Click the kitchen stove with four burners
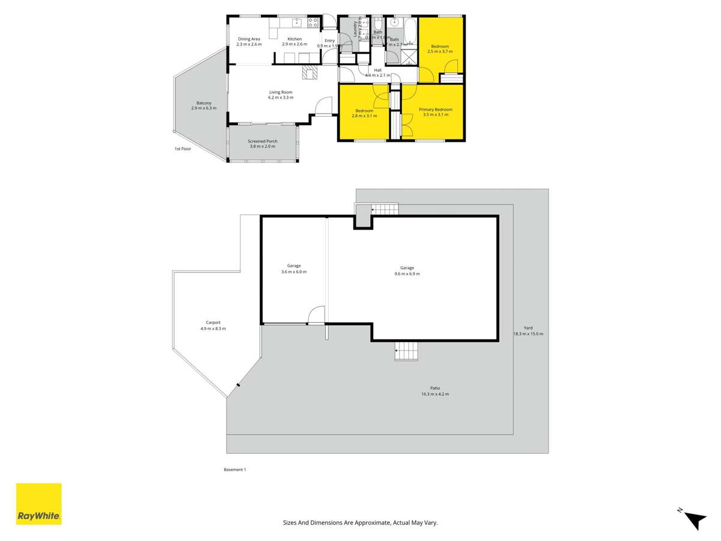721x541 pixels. [313, 23]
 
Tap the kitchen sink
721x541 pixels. [296, 23]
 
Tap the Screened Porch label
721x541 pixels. [263, 141]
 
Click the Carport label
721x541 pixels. [213, 323]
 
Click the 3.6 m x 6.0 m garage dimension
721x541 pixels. [294, 272]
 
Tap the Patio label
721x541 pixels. [435, 388]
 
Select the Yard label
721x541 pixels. [528, 328]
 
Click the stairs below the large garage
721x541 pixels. [406, 350]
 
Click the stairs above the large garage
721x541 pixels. [385, 209]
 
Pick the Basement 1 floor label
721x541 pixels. [235, 469]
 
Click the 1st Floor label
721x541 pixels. [183, 148]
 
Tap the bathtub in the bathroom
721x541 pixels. [411, 31]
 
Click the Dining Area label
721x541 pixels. [249, 39]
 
